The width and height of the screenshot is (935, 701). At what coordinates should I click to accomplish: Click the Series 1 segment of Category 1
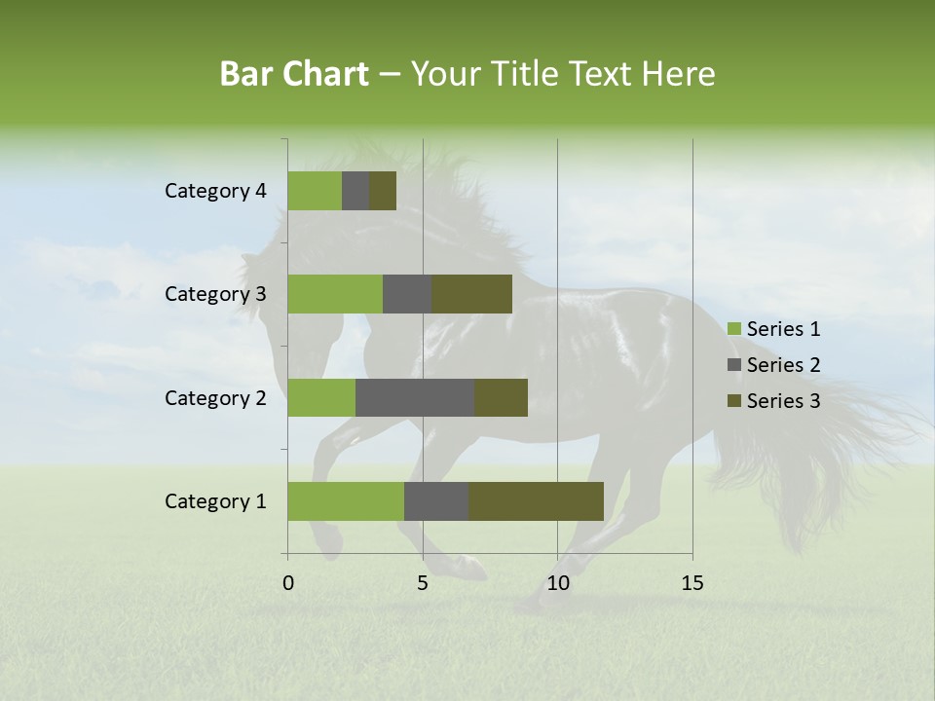tap(346, 501)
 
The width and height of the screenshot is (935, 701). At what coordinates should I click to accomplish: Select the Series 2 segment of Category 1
tap(436, 501)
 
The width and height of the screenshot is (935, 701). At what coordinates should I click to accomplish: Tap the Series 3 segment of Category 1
tap(536, 501)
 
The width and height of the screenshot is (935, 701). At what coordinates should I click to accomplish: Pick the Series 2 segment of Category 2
tap(415, 397)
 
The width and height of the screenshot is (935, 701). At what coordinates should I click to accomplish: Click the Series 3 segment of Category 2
tap(501, 397)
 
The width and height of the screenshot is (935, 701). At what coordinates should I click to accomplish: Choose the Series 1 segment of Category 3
tap(335, 294)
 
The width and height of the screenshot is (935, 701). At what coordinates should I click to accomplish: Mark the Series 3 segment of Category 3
tap(471, 294)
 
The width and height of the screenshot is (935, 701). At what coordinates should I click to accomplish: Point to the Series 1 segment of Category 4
tap(315, 191)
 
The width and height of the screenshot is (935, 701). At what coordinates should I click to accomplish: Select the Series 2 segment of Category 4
tap(355, 191)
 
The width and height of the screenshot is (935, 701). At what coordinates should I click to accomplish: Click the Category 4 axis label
tap(215, 191)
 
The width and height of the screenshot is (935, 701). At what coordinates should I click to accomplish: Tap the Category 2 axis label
tap(215, 397)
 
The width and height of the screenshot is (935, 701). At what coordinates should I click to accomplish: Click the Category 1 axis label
tap(215, 501)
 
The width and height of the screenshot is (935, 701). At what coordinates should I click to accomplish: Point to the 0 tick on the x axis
tap(288, 583)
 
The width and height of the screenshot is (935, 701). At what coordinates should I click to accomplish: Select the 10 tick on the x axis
tap(557, 583)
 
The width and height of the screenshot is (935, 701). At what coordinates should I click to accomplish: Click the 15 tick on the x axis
tap(692, 583)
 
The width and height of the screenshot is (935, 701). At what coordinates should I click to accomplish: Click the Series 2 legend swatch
tap(734, 365)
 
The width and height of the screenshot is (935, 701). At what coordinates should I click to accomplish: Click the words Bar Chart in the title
tap(294, 73)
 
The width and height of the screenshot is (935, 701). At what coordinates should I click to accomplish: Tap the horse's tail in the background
tap(828, 438)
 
